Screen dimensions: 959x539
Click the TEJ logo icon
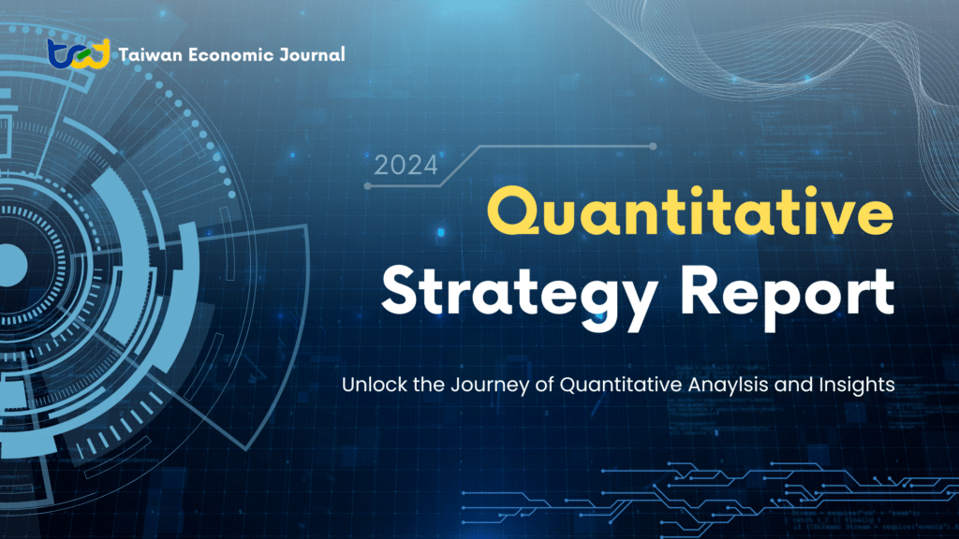(79, 53)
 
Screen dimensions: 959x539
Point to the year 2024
(406, 166)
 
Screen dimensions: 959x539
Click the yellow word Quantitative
(690, 211)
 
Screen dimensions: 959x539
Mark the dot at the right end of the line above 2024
(653, 146)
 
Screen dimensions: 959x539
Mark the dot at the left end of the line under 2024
(367, 186)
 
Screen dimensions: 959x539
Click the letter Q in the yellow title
(513, 211)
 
